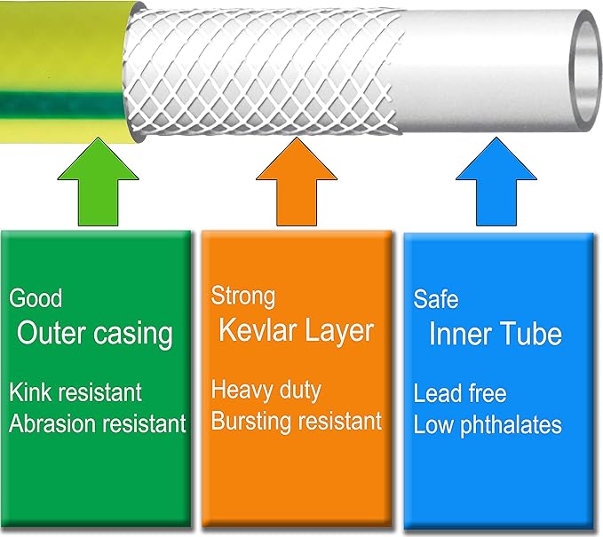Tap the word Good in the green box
(36, 298)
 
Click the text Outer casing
(95, 334)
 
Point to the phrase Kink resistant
(75, 391)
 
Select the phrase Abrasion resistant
(98, 423)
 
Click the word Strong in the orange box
(243, 296)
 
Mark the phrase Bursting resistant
(296, 421)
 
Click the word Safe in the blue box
(436, 298)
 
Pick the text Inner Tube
(495, 335)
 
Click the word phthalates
(512, 425)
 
